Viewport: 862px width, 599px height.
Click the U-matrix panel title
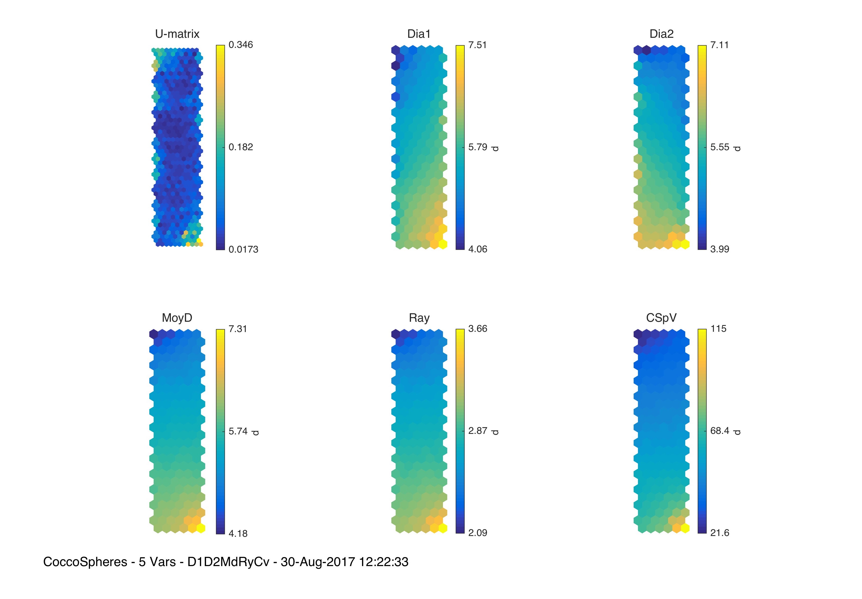pos(177,34)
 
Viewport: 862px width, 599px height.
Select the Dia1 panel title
pos(419,34)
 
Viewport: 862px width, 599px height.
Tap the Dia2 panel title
pos(661,34)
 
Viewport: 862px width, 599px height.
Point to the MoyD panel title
pos(177,318)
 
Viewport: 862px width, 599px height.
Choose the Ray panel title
pos(419,318)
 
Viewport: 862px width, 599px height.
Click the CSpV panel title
pos(661,318)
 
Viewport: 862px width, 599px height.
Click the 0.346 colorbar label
pos(241,45)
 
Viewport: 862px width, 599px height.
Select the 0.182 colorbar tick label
pos(241,147)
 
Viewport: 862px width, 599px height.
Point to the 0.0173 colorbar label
pos(243,249)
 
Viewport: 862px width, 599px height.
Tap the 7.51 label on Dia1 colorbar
pos(477,45)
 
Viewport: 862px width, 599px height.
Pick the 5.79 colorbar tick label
pos(477,147)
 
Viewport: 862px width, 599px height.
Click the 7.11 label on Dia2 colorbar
pos(719,45)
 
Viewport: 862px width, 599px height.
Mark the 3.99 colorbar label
pos(719,249)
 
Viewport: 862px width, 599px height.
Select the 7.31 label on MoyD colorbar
pos(238,329)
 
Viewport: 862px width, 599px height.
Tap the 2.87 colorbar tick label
pos(477,431)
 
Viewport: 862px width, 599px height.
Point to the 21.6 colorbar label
pos(719,533)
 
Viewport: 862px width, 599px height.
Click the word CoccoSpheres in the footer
pos(85,562)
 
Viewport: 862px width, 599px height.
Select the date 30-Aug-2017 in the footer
pos(318,562)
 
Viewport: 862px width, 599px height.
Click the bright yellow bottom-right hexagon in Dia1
pos(443,244)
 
